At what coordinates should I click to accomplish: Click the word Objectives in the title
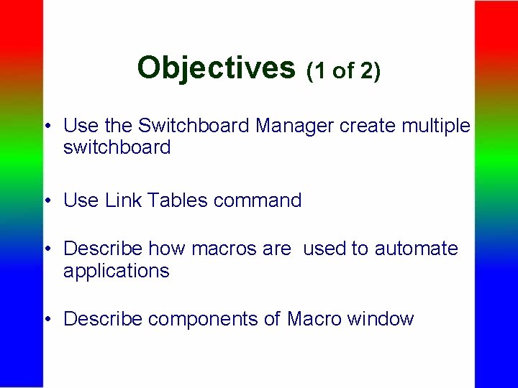pos(216,68)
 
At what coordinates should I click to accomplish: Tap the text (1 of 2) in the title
pos(344,70)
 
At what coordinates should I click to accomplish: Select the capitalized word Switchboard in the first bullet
pos(194,126)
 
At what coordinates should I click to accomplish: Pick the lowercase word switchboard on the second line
pos(117,148)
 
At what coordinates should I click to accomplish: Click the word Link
pos(123,200)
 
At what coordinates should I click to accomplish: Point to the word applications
pos(117,271)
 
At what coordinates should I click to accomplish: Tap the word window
pos(379,318)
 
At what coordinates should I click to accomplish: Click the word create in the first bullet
pos(365,126)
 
